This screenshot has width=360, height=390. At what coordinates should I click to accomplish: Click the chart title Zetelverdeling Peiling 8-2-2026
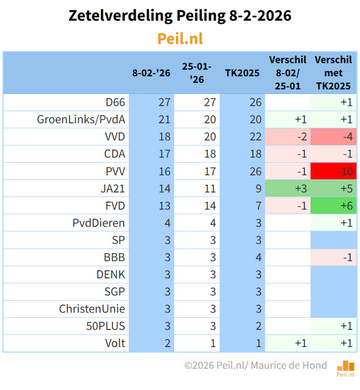pyautogui.click(x=180, y=16)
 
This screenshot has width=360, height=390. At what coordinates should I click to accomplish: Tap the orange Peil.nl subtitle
pyautogui.click(x=180, y=39)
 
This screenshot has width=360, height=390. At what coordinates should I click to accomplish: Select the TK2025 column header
pyautogui.click(x=242, y=73)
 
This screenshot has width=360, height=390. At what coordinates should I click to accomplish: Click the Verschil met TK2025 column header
pyautogui.click(x=333, y=73)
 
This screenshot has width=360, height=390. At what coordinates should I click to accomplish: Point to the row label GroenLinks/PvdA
pyautogui.click(x=81, y=120)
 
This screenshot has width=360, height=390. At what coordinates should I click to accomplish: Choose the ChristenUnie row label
pyautogui.click(x=92, y=309)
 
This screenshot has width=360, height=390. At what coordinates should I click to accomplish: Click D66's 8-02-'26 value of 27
pyautogui.click(x=164, y=103)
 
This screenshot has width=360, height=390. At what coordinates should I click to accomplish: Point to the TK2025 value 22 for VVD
pyautogui.click(x=255, y=137)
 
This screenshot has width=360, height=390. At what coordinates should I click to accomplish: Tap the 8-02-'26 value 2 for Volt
pyautogui.click(x=167, y=343)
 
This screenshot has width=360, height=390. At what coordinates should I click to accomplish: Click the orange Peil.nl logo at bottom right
pyautogui.click(x=346, y=368)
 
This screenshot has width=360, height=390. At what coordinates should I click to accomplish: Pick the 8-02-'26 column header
pyautogui.click(x=151, y=73)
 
